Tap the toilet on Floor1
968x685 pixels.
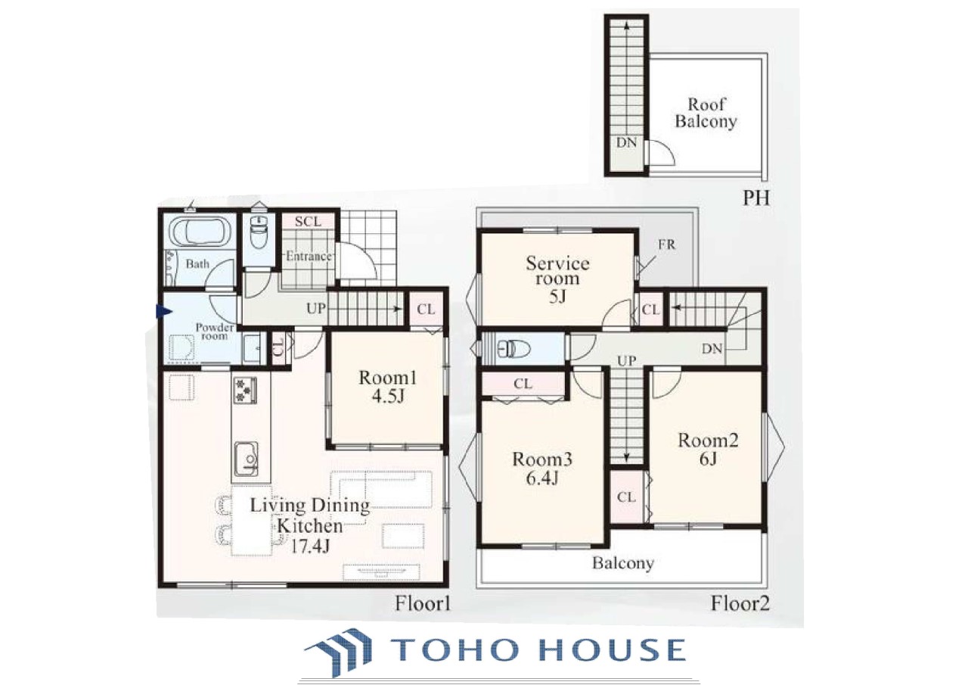pos(259,232)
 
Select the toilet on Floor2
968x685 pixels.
pos(510,348)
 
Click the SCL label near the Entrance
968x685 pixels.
pos(308,222)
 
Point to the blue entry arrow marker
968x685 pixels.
pos(163,311)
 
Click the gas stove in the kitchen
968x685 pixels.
pos(246,390)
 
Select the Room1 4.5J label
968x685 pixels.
pos(388,388)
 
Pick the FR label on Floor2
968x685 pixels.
pos(666,244)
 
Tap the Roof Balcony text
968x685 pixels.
pos(706,113)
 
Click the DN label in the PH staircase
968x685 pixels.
pos(626,142)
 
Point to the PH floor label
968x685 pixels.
pos(755,198)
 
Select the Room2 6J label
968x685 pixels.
pos(708,450)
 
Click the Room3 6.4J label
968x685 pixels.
pos(542,469)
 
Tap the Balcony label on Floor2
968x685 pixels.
pos(622,563)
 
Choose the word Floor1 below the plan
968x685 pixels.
pos(423,604)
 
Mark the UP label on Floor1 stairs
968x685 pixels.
pos(316,308)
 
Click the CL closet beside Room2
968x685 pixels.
pos(626,497)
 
